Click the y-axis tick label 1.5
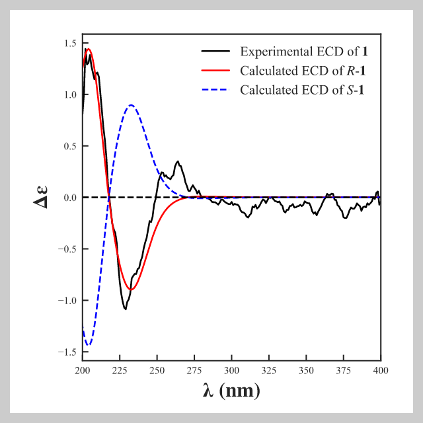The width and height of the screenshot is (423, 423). click(x=69, y=44)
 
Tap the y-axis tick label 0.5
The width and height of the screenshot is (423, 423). click(x=69, y=146)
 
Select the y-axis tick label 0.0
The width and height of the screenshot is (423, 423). click(x=69, y=198)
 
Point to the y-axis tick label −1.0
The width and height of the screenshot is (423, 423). click(x=66, y=301)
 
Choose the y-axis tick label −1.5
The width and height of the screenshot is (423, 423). click(x=66, y=352)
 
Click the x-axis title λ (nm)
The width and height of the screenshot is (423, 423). click(x=231, y=391)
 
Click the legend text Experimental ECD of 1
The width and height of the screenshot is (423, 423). click(x=304, y=52)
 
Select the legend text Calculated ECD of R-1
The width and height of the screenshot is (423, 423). click(x=304, y=71)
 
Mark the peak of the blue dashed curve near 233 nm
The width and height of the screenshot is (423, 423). click(x=132, y=105)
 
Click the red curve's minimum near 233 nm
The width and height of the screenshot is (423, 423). click(x=132, y=289)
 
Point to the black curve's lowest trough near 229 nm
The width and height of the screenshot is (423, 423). click(x=126, y=309)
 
